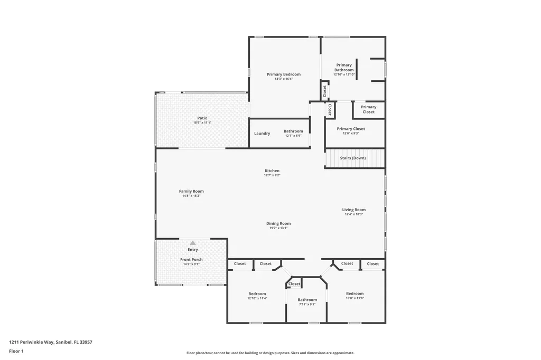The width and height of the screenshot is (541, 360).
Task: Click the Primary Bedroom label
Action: pyautogui.click(x=283, y=74)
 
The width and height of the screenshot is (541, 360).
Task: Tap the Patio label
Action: pyautogui.click(x=202, y=118)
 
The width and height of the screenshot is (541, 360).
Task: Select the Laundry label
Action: pyautogui.click(x=262, y=134)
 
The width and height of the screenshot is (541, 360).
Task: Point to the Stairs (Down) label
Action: pyautogui.click(x=352, y=158)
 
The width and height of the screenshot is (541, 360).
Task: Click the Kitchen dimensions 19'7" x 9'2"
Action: pyautogui.click(x=272, y=175)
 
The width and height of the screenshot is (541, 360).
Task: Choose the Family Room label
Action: pyautogui.click(x=191, y=191)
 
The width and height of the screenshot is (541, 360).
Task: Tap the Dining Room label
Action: pyautogui.click(x=278, y=223)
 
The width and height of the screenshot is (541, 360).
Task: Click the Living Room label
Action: pyautogui.click(x=353, y=210)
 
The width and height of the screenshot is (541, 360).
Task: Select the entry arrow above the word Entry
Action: pyautogui.click(x=193, y=243)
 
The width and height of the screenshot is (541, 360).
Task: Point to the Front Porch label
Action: pyautogui.click(x=191, y=260)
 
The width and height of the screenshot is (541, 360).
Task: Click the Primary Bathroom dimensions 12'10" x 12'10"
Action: pyautogui.click(x=344, y=74)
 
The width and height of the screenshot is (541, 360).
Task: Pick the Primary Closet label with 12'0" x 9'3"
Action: pyautogui.click(x=351, y=129)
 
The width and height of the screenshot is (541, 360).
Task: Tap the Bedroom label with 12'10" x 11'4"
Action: pyautogui.click(x=257, y=293)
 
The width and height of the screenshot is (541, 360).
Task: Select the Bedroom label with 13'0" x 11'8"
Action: pyautogui.click(x=355, y=293)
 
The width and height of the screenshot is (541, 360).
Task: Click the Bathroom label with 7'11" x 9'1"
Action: pyautogui.click(x=307, y=300)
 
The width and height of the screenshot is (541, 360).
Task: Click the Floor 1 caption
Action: pyautogui.click(x=16, y=351)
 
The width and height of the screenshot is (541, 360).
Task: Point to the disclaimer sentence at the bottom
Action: pyautogui.click(x=270, y=353)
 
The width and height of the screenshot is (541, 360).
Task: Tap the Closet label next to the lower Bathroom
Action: pyautogui.click(x=294, y=284)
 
